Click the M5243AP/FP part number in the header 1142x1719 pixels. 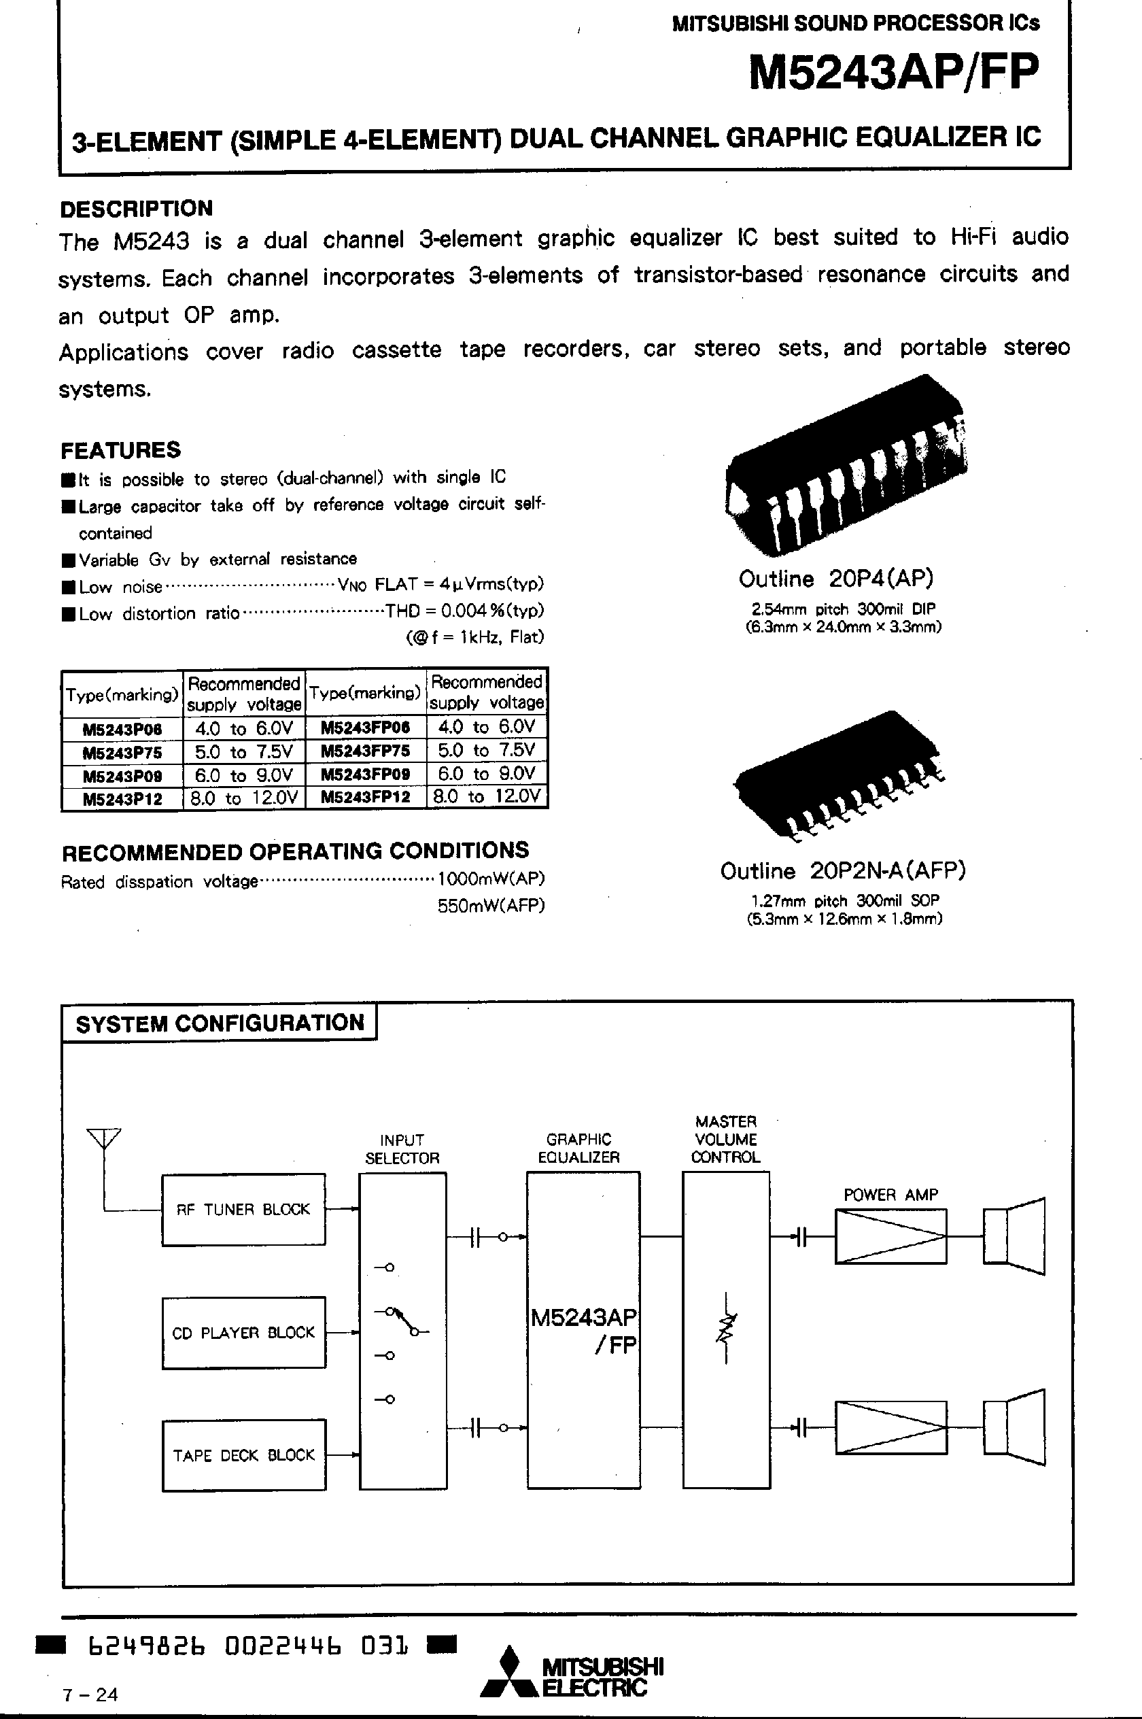click(894, 73)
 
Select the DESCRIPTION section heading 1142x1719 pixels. click(136, 209)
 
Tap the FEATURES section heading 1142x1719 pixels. click(120, 450)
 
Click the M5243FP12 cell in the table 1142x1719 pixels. click(366, 797)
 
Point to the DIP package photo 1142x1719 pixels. click(845, 466)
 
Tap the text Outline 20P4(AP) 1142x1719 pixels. click(835, 579)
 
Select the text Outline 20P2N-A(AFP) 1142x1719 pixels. click(843, 871)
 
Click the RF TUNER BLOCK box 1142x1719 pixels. click(243, 1209)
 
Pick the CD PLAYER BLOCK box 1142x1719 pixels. click(243, 1332)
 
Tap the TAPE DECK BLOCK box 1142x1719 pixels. click(243, 1455)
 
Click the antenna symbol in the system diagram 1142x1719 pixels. click(103, 1138)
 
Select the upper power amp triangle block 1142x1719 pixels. click(890, 1236)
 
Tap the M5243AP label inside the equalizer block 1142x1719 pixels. click(583, 1318)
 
